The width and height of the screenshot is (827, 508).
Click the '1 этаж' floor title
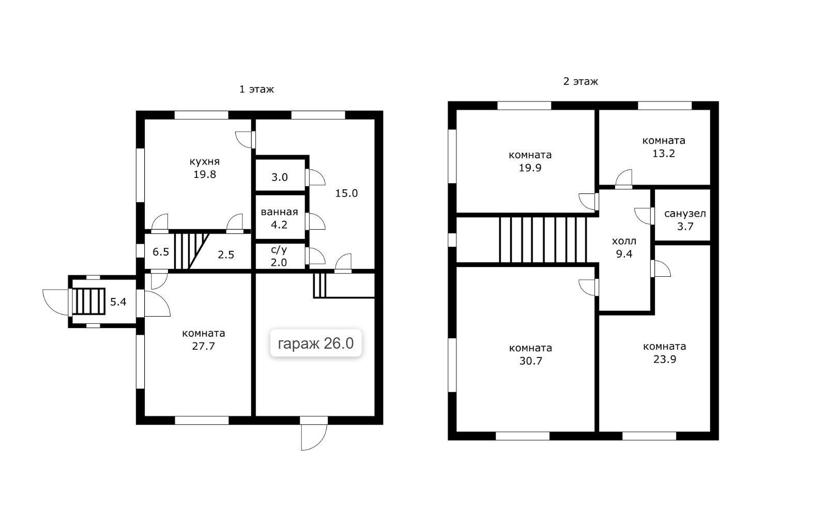(256, 89)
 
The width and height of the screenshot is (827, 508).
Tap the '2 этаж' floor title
(580, 81)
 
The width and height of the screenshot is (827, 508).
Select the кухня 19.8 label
(205, 168)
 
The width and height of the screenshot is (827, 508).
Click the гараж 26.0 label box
(316, 343)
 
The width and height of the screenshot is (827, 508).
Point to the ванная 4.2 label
(279, 218)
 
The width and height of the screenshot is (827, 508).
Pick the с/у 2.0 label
(279, 256)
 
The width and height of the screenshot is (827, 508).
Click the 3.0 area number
(280, 177)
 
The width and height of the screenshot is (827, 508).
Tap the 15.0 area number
(346, 193)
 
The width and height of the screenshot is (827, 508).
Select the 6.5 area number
(161, 252)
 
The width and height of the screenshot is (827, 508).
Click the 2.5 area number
(226, 255)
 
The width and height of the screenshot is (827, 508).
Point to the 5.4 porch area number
(118, 302)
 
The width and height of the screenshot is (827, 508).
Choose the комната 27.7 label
(204, 340)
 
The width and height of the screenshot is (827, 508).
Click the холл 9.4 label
(624, 248)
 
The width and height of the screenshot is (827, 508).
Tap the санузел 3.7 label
(685, 220)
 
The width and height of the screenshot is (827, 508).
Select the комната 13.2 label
(664, 147)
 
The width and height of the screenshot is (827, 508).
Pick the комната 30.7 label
(530, 354)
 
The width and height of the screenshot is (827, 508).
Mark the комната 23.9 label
(665, 353)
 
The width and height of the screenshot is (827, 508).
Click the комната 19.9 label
(530, 161)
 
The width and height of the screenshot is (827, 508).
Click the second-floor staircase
(543, 240)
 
